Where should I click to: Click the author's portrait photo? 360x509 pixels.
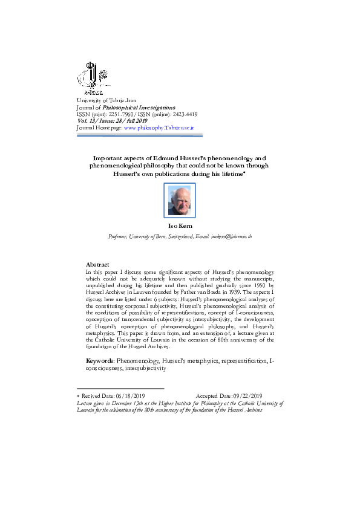coord(180,200)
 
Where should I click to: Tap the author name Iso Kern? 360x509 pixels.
coord(180,225)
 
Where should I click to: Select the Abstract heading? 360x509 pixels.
coord(97,265)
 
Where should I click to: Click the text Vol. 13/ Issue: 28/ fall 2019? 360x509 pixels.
coord(112,121)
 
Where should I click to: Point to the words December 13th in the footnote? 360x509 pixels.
coord(133,402)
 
